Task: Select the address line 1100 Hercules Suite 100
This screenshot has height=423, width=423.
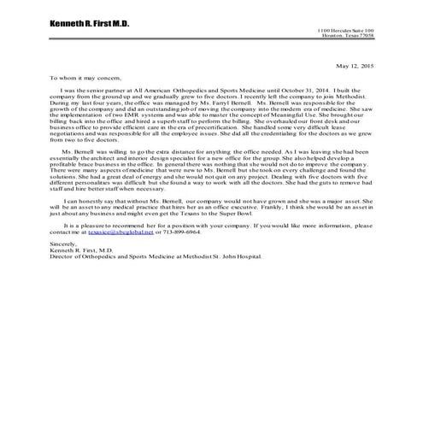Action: coord(350,31)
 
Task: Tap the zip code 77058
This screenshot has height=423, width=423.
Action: coord(365,36)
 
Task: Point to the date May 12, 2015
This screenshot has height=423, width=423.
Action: coord(355,65)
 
